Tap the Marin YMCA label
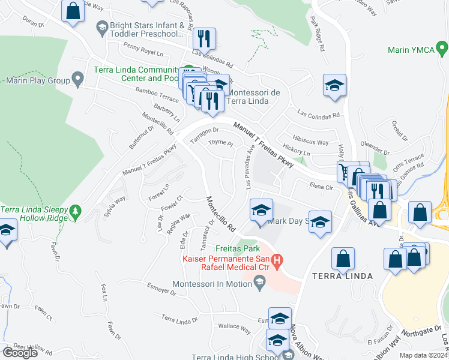pos(411,50)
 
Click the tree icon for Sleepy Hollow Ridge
pos(76,210)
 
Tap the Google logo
pos(20,353)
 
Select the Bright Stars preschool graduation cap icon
pos(101,26)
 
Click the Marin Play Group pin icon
pos(77,78)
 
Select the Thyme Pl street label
pos(220,143)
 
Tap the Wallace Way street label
pos(234,328)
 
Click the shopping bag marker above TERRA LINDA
pos(343,259)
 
